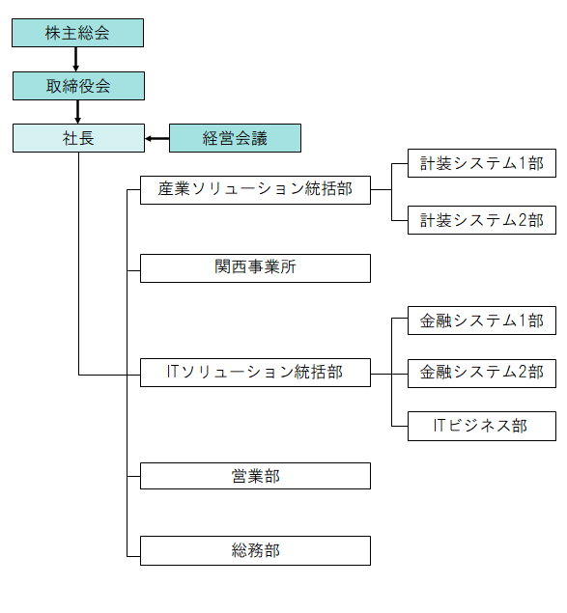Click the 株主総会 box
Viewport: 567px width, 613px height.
pyautogui.click(x=77, y=33)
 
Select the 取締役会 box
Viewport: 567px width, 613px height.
pyautogui.click(x=78, y=86)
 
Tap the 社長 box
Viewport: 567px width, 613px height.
pyautogui.click(x=78, y=138)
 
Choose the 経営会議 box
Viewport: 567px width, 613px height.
pyautogui.click(x=235, y=138)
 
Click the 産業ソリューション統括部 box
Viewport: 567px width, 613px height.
pyautogui.click(x=255, y=190)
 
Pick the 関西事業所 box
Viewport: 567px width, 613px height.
pyautogui.click(x=255, y=268)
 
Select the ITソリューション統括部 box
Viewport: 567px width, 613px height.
pyautogui.click(x=255, y=373)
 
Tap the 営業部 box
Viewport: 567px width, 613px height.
pyautogui.click(x=255, y=476)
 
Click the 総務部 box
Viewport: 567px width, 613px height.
pyautogui.click(x=255, y=550)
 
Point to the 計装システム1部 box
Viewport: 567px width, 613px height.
pyautogui.click(x=482, y=163)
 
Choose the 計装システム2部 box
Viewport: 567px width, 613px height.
pyautogui.click(x=482, y=220)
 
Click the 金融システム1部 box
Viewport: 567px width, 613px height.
pyautogui.click(x=482, y=320)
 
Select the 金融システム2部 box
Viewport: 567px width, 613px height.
pyautogui.click(x=482, y=374)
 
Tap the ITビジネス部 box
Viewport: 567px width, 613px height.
pyautogui.click(x=482, y=426)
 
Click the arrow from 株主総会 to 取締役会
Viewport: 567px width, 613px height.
pyautogui.click(x=76, y=60)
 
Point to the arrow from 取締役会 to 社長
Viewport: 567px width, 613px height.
pyautogui.click(x=77, y=112)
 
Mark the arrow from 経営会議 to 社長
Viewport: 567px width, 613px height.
pyautogui.click(x=156, y=138)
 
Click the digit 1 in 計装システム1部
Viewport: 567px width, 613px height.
pyautogui.click(x=522, y=163)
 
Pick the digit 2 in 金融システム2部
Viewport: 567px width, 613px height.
pyautogui.click(x=523, y=373)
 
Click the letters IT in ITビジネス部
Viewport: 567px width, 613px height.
pyautogui.click(x=439, y=426)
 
